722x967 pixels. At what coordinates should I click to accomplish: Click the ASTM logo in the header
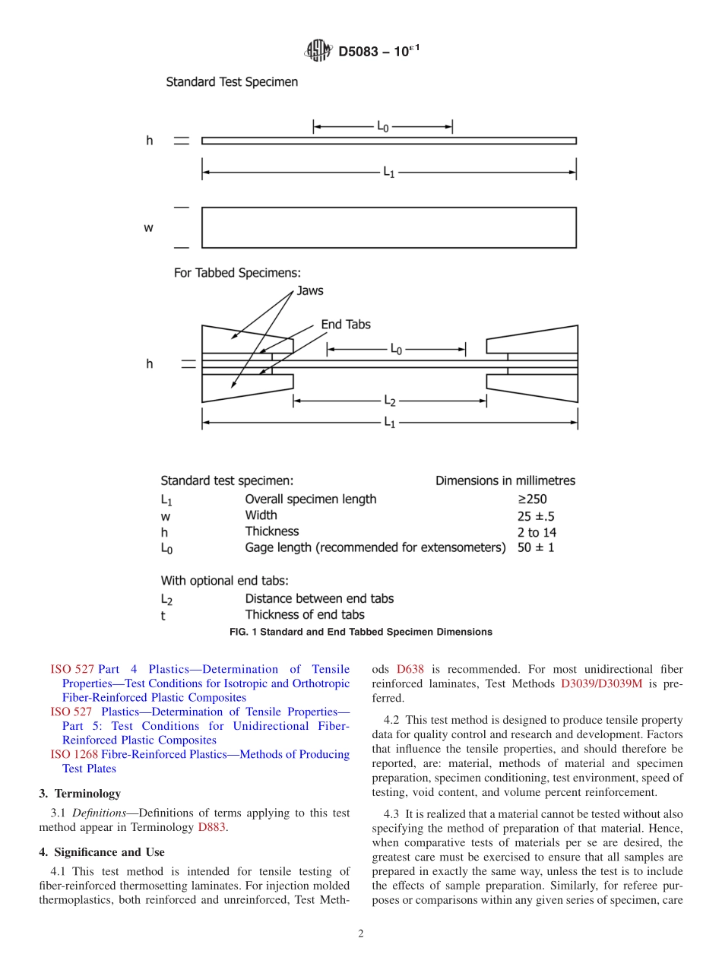pyautogui.click(x=318, y=51)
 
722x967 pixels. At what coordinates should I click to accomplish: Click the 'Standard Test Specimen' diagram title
pyautogui.click(x=232, y=81)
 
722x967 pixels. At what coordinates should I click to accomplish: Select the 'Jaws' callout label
pyautogui.click(x=309, y=290)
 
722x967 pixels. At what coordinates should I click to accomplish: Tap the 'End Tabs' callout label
pyautogui.click(x=346, y=325)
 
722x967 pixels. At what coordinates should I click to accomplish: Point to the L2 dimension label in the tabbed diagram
pyautogui.click(x=389, y=400)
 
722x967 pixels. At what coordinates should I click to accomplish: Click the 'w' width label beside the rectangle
pyautogui.click(x=149, y=227)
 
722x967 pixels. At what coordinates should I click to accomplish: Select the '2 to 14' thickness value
pyautogui.click(x=537, y=532)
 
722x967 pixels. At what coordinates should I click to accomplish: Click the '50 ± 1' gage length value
pyautogui.click(x=536, y=547)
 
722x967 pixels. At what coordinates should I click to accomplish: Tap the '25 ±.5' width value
pyautogui.click(x=536, y=515)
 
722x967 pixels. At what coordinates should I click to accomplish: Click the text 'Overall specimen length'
pyautogui.click(x=310, y=499)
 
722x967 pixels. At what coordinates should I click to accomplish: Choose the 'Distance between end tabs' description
pyautogui.click(x=319, y=598)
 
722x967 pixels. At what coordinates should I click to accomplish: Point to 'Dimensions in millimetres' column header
pyautogui.click(x=505, y=480)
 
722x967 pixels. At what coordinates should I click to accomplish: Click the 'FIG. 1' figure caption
pyautogui.click(x=360, y=632)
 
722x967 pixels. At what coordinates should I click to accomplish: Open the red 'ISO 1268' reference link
pyautogui.click(x=74, y=755)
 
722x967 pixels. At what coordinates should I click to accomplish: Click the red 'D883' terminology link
pyautogui.click(x=211, y=827)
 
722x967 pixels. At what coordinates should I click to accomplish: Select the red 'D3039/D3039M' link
pyautogui.click(x=601, y=684)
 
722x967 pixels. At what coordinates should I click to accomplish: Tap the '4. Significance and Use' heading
pyautogui.click(x=102, y=852)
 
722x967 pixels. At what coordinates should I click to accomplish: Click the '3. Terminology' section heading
pyautogui.click(x=80, y=794)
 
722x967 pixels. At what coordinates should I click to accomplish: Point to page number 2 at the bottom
pyautogui.click(x=361, y=934)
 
